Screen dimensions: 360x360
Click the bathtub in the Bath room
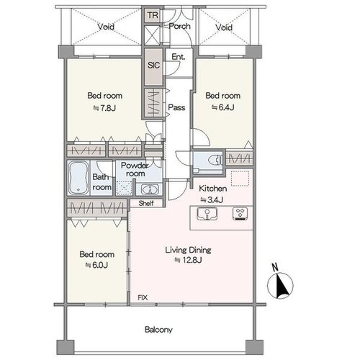tap(78, 178)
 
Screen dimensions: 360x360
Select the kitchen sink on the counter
tap(207, 214)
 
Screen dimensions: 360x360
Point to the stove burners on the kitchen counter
tap(240, 214)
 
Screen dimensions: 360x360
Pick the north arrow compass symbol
tap(280, 283)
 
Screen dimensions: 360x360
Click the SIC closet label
tap(153, 66)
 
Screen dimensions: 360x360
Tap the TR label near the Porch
tap(153, 15)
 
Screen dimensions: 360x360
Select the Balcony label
tap(158, 330)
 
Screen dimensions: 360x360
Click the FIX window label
tap(143, 297)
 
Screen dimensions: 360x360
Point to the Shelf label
tap(146, 203)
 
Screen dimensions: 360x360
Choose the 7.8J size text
tap(104, 108)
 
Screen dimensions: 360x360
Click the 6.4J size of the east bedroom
tap(222, 107)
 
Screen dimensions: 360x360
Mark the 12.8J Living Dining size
tap(188, 260)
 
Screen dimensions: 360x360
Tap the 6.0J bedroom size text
tap(96, 265)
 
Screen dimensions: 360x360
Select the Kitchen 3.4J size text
tap(212, 199)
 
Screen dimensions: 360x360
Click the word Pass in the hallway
tap(176, 107)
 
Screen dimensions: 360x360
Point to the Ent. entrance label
tap(179, 57)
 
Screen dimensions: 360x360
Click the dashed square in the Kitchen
tap(240, 179)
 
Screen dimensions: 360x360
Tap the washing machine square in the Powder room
tap(124, 188)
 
